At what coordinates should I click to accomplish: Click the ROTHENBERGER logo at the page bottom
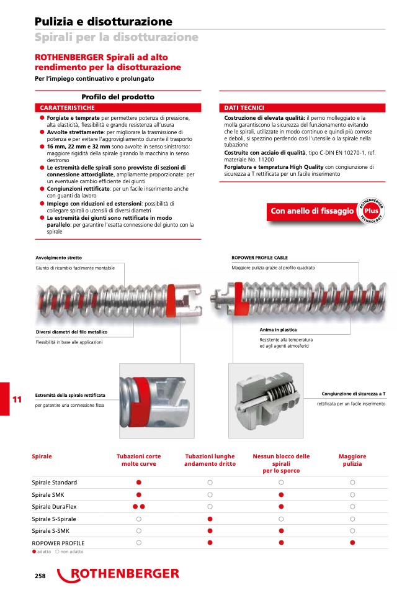tap(118, 575)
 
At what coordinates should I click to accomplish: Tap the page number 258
tap(40, 576)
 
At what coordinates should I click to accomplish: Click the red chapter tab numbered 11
tap(17, 399)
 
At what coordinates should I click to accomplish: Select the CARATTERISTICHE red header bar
tap(118, 107)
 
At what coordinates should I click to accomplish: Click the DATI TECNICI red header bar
tap(303, 107)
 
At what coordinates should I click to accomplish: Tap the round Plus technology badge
tap(371, 211)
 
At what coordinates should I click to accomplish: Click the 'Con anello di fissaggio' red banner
tap(312, 211)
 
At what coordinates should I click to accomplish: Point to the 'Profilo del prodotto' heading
tap(118, 97)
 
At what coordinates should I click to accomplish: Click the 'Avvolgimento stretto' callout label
tap(58, 257)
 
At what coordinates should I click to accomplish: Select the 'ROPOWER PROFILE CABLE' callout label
tap(259, 257)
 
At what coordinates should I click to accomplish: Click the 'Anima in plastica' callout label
tap(278, 330)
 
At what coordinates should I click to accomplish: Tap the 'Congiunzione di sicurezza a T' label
tap(354, 394)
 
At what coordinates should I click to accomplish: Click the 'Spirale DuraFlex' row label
tap(55, 506)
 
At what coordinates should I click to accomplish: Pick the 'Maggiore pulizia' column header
tap(352, 460)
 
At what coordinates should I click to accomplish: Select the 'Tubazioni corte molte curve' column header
tap(139, 460)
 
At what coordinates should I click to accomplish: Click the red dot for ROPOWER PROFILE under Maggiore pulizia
tap(352, 542)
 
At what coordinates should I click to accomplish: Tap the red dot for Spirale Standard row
tap(139, 483)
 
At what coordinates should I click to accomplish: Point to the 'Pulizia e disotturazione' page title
tap(104, 22)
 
